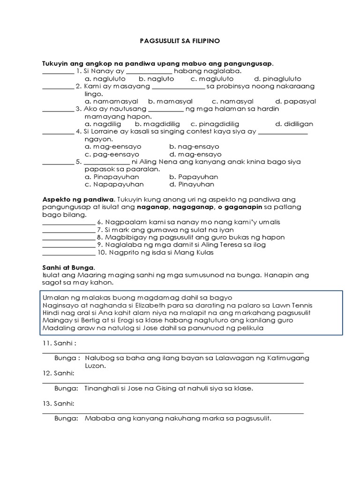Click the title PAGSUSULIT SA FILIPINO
coord(180,41)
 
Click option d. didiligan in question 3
coord(294,124)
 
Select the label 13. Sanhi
coord(58,403)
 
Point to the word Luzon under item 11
coord(95,366)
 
